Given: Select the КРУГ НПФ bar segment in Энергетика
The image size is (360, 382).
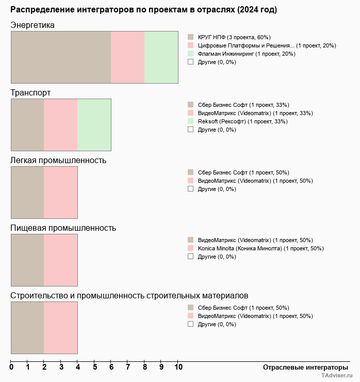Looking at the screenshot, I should click(61, 57).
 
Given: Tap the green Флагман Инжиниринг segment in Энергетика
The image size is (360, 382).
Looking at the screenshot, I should click(161, 57).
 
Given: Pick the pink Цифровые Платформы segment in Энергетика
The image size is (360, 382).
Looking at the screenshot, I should click(127, 57).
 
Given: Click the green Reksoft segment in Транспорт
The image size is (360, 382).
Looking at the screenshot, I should click(94, 124).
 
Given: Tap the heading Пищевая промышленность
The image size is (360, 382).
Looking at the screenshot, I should click(63, 228).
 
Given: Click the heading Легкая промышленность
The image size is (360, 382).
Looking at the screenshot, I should click(58, 160).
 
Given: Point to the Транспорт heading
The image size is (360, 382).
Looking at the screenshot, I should click(30, 92).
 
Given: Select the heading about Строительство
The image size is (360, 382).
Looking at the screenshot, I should click(129, 295).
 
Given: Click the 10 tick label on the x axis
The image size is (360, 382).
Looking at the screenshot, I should click(178, 367).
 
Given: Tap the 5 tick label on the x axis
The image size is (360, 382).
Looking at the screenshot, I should click(94, 367).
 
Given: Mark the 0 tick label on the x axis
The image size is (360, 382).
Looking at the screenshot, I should click(11, 367).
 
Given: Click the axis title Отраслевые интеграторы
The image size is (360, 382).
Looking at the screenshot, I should click(305, 367).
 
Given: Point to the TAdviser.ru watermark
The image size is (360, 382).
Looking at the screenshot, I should click(337, 376).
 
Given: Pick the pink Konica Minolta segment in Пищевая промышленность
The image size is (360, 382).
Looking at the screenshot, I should click(60, 260).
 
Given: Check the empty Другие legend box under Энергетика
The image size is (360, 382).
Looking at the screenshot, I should click(190, 62).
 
